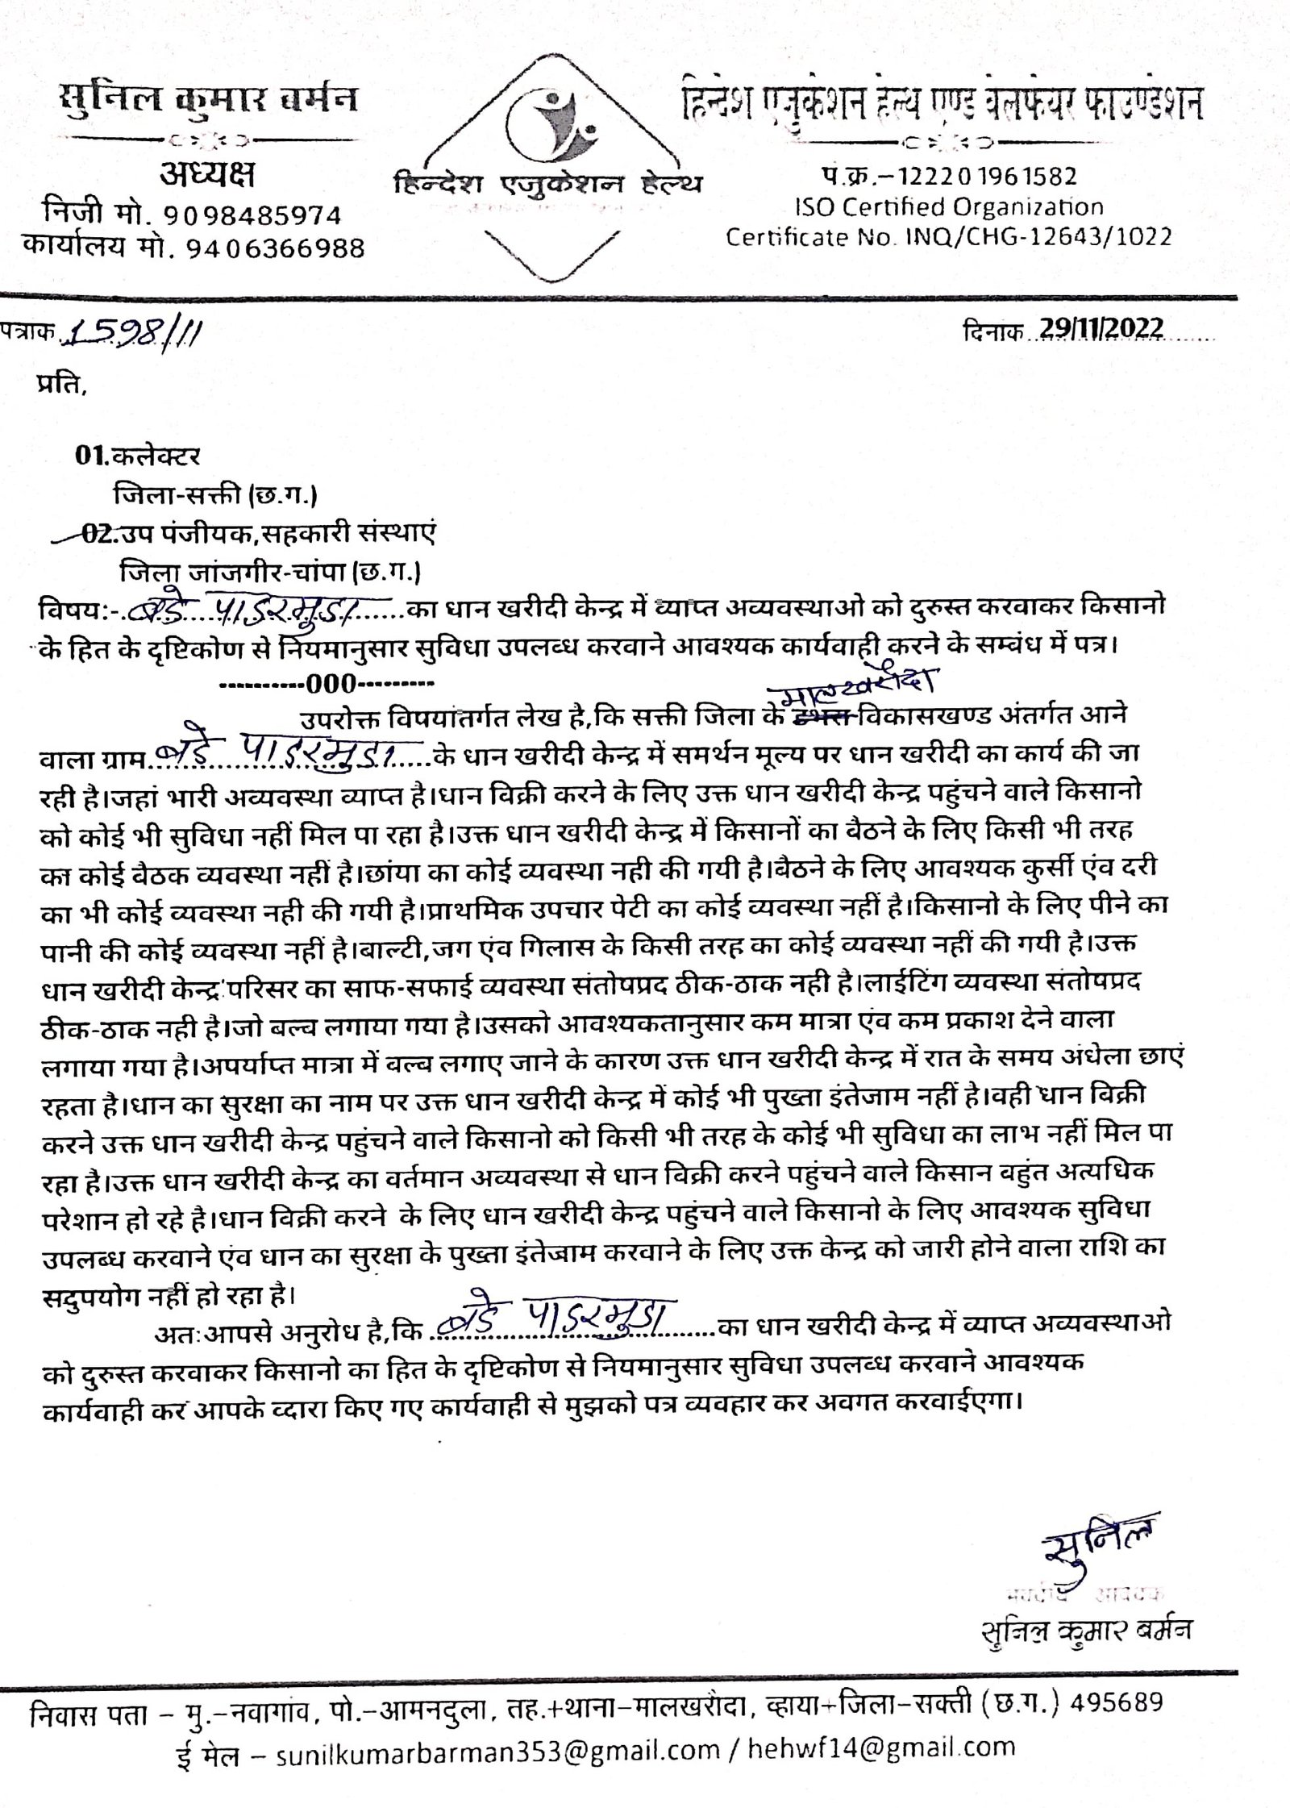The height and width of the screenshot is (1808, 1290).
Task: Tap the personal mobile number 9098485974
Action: pyautogui.click(x=252, y=215)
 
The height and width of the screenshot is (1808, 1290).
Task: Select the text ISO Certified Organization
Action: pyautogui.click(x=949, y=207)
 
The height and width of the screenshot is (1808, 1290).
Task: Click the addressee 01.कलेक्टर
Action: pyautogui.click(x=138, y=456)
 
